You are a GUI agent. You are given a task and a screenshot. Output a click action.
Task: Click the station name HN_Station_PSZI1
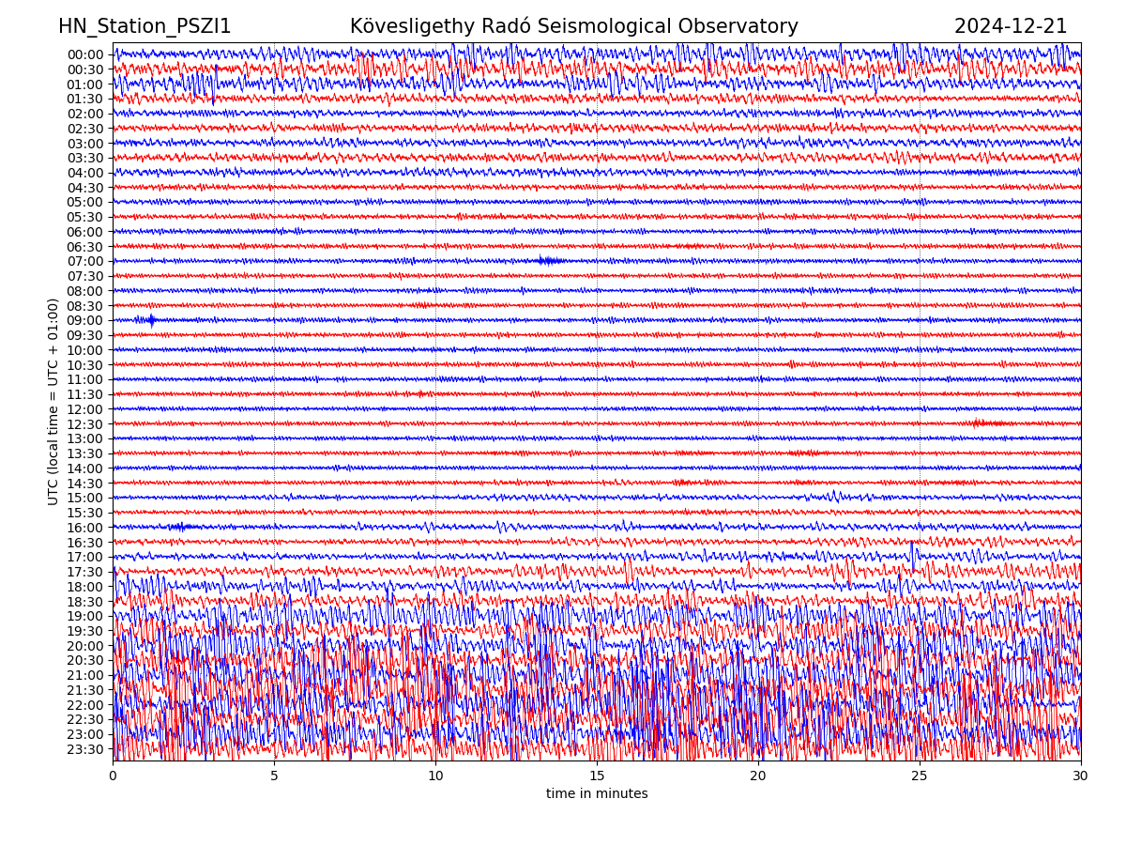click(x=145, y=27)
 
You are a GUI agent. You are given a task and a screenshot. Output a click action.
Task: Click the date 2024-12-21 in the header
click(x=1011, y=27)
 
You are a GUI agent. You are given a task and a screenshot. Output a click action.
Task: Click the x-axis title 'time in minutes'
click(x=597, y=794)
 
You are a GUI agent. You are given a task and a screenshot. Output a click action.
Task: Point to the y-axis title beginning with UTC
click(x=53, y=401)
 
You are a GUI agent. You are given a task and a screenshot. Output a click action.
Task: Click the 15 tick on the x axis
click(x=597, y=776)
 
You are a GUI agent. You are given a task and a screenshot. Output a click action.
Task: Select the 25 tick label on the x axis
click(x=920, y=776)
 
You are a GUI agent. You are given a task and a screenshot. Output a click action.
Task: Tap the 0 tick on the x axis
click(x=113, y=776)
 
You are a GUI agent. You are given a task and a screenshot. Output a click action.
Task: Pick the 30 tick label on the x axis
click(x=1081, y=776)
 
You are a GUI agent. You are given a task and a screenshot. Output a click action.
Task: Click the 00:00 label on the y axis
click(x=84, y=54)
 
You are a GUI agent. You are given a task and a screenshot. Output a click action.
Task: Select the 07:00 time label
click(x=84, y=261)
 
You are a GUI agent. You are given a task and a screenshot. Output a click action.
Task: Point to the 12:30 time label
click(x=84, y=424)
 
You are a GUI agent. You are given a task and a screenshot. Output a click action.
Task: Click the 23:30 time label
click(x=84, y=749)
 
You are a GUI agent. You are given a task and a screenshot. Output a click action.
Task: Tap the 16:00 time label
click(x=84, y=528)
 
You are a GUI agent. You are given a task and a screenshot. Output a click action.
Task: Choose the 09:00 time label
click(x=84, y=320)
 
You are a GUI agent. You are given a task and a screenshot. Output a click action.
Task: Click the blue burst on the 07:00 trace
click(x=549, y=261)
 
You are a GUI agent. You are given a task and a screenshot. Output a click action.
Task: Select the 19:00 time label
click(x=84, y=616)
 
